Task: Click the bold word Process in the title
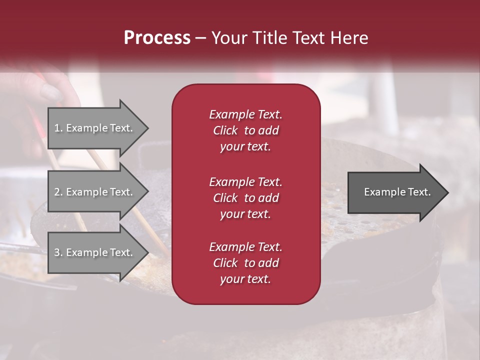pyautogui.click(x=157, y=38)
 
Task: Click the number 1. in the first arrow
pyautogui.click(x=58, y=128)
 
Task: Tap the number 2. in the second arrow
pyautogui.click(x=58, y=192)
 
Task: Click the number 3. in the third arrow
pyautogui.click(x=58, y=252)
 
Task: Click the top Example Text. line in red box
pyautogui.click(x=245, y=114)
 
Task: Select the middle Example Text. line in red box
pyautogui.click(x=245, y=182)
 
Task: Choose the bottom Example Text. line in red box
pyautogui.click(x=245, y=247)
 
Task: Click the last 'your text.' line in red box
pyautogui.click(x=245, y=279)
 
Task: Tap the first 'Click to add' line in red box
pyautogui.click(x=245, y=130)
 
